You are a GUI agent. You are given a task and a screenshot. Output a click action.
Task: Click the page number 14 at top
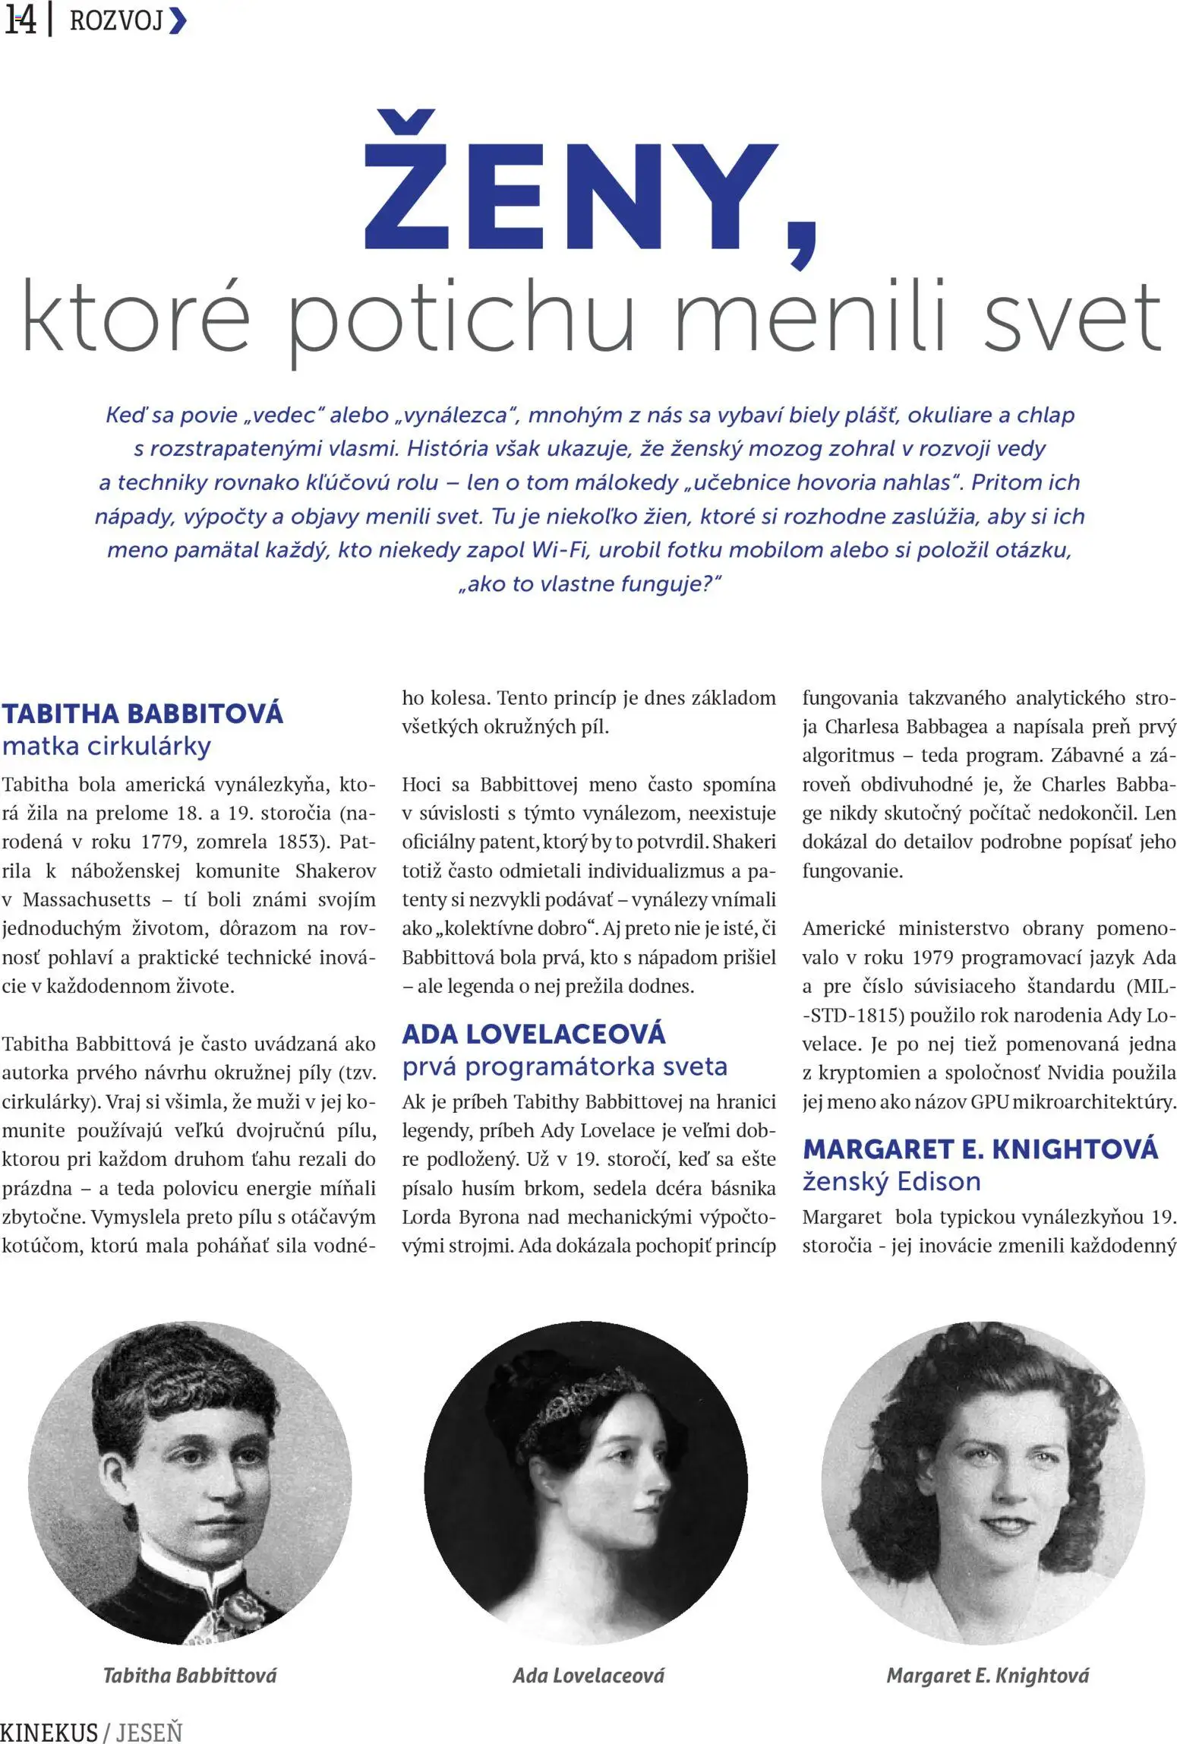tap(21, 21)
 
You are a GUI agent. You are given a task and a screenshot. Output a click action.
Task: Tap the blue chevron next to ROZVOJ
tap(177, 21)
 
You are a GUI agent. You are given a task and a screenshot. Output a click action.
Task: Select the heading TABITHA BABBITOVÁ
tap(143, 714)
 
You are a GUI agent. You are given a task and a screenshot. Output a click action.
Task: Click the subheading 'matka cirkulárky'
tap(106, 747)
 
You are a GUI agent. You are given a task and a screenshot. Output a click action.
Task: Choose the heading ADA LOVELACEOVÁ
tap(534, 1034)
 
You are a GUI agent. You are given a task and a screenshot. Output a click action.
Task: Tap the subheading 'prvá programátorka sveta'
tap(564, 1067)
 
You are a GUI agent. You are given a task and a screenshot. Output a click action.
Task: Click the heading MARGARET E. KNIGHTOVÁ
tap(980, 1149)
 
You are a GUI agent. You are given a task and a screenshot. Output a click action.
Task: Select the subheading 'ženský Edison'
tap(891, 1182)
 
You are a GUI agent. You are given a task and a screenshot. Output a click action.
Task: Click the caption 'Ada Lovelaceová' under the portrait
tap(588, 1675)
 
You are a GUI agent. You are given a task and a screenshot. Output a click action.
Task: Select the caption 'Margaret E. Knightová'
tap(987, 1675)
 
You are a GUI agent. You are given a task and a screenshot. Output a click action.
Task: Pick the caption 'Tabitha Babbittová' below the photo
tap(190, 1675)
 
